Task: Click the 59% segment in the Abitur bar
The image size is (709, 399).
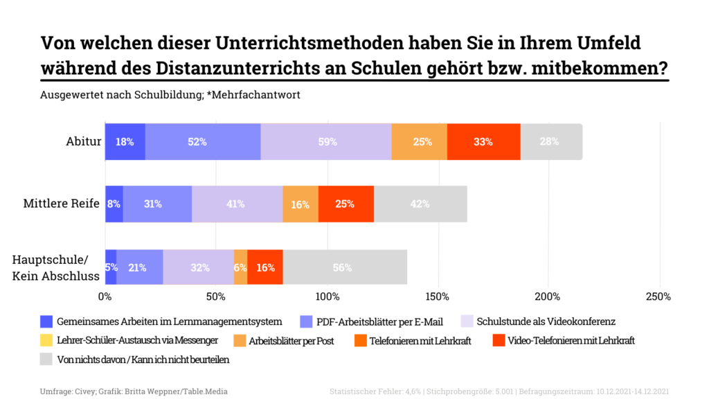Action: coord(327,142)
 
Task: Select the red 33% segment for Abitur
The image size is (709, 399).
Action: coord(483,142)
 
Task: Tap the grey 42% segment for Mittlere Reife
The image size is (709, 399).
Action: coord(420,204)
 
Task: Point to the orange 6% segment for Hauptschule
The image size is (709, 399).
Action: coord(240,267)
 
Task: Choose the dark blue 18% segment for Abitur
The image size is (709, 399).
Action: coord(125,142)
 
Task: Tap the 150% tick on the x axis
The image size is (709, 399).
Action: coord(437,297)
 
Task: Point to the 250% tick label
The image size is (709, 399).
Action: coord(658,297)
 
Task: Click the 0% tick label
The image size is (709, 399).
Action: coord(105,297)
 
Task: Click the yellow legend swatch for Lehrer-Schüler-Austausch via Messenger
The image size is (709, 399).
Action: coord(46,341)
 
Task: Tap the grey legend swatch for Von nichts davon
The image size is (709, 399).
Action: coord(46,360)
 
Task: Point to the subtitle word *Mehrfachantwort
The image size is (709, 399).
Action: coord(253,95)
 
